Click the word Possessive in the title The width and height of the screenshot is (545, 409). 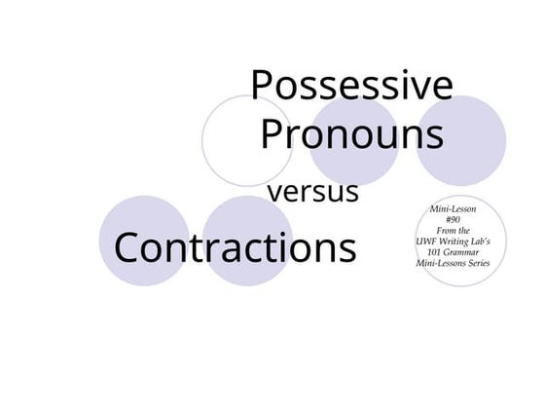point(351,88)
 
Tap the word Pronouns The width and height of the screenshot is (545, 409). point(352,133)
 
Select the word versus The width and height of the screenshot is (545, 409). point(312,192)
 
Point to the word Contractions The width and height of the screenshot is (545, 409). point(235,247)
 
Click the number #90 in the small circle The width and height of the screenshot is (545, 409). point(453,220)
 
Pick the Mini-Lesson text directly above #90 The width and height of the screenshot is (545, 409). point(453,208)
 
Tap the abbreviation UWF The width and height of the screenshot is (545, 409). point(424,242)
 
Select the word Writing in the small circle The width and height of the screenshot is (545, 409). point(452,242)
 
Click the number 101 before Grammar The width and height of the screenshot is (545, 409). point(433,252)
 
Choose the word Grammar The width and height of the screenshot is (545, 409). point(461,252)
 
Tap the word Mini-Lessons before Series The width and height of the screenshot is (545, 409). point(439,263)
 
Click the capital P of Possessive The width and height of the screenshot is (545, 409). point(262,86)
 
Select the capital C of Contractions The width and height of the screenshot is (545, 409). point(127,247)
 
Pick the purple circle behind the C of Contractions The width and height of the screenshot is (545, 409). point(144,240)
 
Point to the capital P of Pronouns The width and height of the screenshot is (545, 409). point(272,133)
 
